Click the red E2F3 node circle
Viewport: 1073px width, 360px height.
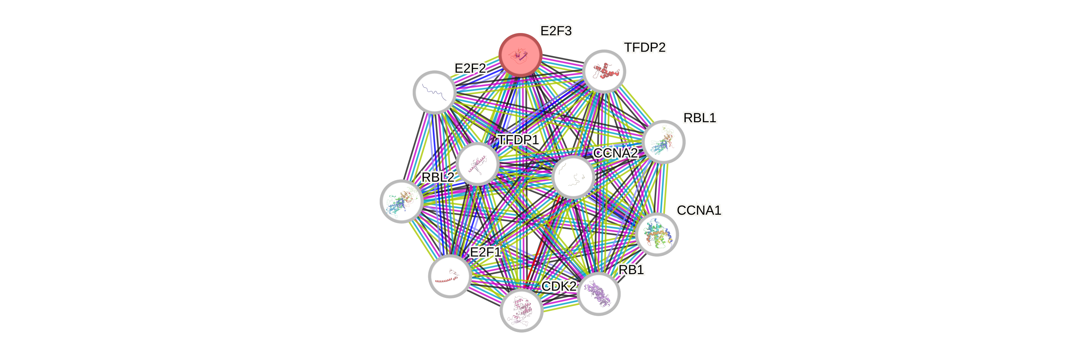[520, 54]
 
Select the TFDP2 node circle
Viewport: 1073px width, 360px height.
[604, 71]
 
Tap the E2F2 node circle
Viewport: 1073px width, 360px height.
[434, 92]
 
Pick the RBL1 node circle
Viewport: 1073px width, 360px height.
[663, 142]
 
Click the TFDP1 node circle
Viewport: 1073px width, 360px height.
[477, 164]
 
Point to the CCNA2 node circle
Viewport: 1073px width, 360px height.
[573, 177]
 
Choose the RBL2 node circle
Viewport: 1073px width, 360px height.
[401, 201]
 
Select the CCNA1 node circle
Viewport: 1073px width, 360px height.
[657, 234]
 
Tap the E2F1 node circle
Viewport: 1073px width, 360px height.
[450, 276]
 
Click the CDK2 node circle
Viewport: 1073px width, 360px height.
[521, 310]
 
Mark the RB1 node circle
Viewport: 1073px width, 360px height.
[599, 293]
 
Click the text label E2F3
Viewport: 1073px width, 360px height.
[556, 31]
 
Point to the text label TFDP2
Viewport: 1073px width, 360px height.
[645, 48]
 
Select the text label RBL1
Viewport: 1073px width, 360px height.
[700, 118]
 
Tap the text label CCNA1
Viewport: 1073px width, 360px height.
[699, 210]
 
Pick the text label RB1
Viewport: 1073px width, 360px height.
[632, 270]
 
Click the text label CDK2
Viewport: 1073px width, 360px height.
[559, 286]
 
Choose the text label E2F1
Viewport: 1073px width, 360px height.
[485, 252]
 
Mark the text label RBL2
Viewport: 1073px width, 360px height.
[438, 177]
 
